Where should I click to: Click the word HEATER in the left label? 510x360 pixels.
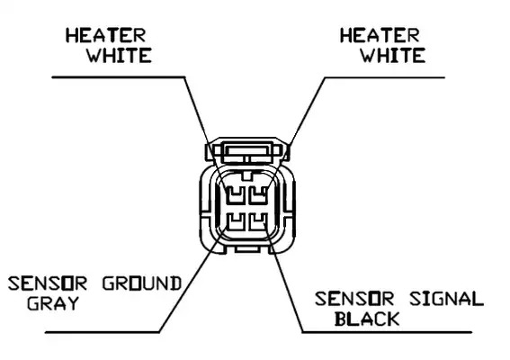click(106, 35)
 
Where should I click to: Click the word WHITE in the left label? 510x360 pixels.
click(119, 55)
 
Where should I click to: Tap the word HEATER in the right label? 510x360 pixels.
click(380, 35)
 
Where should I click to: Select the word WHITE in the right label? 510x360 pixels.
click(393, 55)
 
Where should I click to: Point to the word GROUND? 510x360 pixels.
click(142, 283)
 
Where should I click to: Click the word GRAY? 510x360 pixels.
click(53, 303)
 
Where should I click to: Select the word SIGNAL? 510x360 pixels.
click(446, 299)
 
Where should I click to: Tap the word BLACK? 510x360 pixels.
click(367, 319)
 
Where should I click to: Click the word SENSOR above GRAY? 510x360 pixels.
click(48, 283)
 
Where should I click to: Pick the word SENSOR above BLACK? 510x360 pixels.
click(354, 299)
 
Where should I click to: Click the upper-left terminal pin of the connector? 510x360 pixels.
click(235, 196)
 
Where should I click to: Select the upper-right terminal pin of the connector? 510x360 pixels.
click(258, 196)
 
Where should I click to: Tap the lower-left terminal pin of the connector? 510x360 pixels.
click(235, 221)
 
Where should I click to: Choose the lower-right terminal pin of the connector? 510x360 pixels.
click(258, 221)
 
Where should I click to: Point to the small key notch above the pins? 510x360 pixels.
click(247, 175)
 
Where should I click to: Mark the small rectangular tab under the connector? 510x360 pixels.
click(246, 249)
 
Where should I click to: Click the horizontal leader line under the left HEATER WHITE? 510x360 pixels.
click(119, 77)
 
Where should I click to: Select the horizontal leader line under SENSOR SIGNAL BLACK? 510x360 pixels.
click(387, 332)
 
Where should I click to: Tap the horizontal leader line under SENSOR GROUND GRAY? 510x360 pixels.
click(103, 332)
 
